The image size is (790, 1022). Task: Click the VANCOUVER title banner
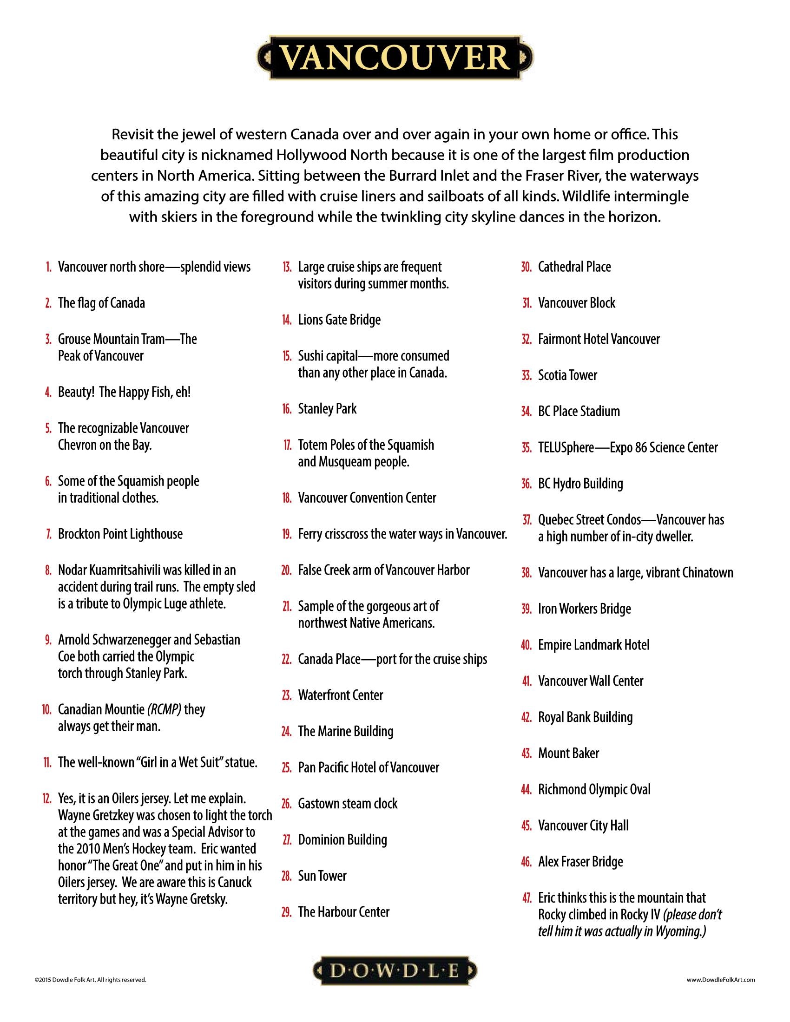point(395,58)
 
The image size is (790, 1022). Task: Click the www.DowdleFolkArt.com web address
point(721,979)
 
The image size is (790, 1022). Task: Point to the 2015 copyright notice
point(90,979)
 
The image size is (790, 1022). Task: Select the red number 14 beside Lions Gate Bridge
point(286,321)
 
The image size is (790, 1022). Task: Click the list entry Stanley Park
point(327,409)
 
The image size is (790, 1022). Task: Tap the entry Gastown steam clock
point(347,804)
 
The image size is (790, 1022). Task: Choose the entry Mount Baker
point(568,753)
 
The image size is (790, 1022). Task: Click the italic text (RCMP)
point(164,710)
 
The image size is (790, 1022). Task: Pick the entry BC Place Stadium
point(579,412)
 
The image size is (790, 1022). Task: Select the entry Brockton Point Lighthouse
point(120,534)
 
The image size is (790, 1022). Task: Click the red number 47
point(527,898)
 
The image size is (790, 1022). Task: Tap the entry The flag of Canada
point(102,303)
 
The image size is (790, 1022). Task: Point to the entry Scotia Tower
point(567,376)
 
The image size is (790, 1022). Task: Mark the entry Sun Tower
point(322,876)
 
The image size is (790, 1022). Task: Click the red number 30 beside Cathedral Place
point(527,267)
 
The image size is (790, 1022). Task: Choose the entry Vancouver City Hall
point(583,826)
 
